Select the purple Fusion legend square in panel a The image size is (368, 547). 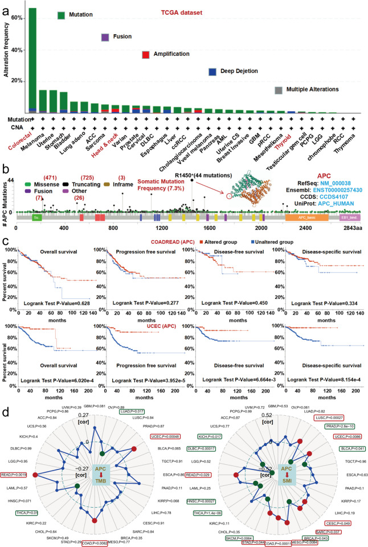105,38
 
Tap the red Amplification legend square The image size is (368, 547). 146,55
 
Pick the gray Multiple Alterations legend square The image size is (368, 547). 278,90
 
